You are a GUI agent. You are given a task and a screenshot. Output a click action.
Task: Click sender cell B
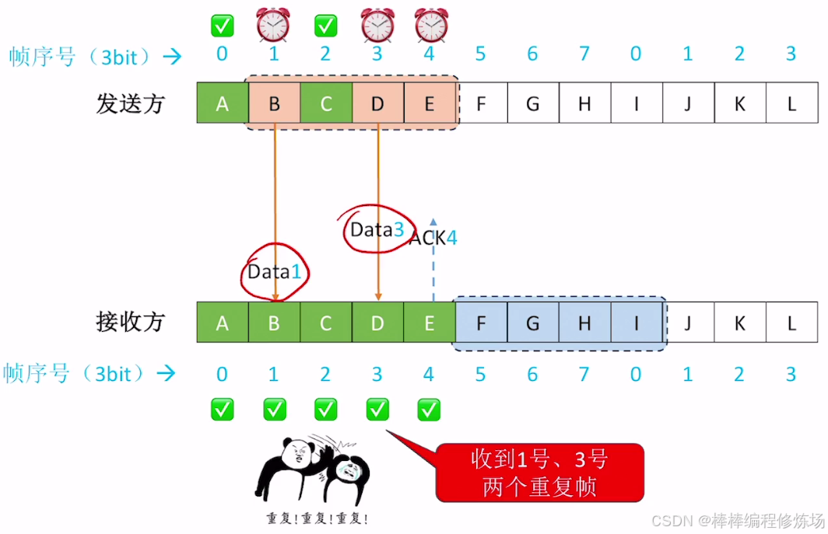274,103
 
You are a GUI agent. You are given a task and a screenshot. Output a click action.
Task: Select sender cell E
429,103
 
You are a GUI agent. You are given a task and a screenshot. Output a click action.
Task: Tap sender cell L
791,103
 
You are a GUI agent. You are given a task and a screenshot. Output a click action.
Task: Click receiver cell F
481,323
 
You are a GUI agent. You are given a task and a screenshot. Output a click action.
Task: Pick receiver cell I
636,323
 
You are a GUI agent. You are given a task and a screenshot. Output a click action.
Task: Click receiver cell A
223,323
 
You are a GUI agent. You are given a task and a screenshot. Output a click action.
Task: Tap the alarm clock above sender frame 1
273,25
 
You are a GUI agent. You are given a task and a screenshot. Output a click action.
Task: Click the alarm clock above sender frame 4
431,25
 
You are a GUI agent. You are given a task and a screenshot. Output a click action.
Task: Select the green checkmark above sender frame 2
325,26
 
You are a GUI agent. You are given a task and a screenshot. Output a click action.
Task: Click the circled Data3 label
377,230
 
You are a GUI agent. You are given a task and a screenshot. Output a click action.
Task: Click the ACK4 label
433,238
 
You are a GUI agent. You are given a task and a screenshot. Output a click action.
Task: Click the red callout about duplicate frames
539,472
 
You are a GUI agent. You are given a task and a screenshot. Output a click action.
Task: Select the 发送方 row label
131,103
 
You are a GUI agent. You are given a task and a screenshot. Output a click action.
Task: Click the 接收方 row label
131,322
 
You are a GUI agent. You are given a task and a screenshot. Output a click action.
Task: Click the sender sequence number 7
584,54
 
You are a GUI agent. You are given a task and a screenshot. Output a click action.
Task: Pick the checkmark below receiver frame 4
429,409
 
